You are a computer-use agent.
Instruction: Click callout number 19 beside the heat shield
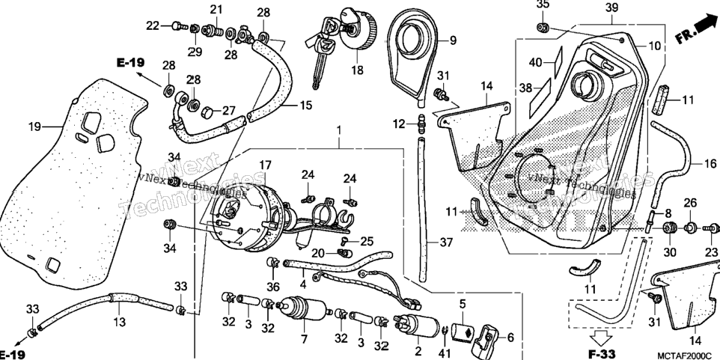[35, 126]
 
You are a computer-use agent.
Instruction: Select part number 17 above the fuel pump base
[266, 165]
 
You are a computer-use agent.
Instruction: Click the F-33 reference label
[602, 354]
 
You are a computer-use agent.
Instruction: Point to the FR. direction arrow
[697, 29]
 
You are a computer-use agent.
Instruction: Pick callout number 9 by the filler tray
[453, 41]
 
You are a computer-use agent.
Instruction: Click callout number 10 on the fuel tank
[654, 46]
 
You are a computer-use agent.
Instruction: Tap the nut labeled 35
[543, 27]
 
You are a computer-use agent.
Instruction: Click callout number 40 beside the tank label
[535, 62]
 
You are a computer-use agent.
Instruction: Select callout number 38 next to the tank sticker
[525, 87]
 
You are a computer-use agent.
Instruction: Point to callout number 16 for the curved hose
[710, 163]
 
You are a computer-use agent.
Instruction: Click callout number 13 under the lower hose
[120, 323]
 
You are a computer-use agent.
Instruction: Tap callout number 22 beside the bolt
[153, 26]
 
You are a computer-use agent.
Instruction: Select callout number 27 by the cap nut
[229, 111]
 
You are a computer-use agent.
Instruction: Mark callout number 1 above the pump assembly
[339, 131]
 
